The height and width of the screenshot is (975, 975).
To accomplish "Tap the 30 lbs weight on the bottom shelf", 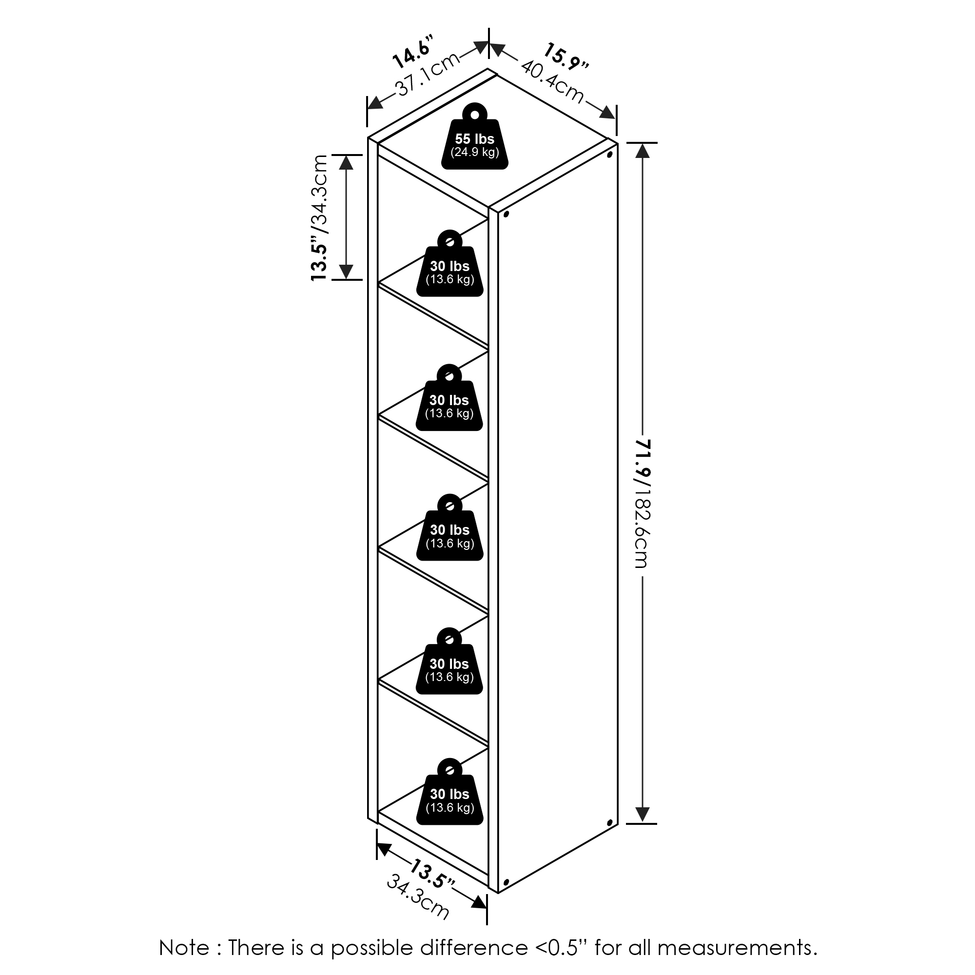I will pos(449,799).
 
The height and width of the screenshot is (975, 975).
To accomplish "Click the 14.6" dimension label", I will pos(413,52).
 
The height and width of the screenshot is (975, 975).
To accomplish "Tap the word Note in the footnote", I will pos(184,948).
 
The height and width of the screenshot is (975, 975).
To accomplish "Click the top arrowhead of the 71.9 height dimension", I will pos(643,150).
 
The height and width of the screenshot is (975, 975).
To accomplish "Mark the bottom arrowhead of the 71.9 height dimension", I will pos(643,814).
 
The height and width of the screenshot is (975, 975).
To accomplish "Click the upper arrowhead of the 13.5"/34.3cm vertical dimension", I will pos(346,162).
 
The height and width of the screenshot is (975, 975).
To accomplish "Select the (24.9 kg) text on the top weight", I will pos(474,152).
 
